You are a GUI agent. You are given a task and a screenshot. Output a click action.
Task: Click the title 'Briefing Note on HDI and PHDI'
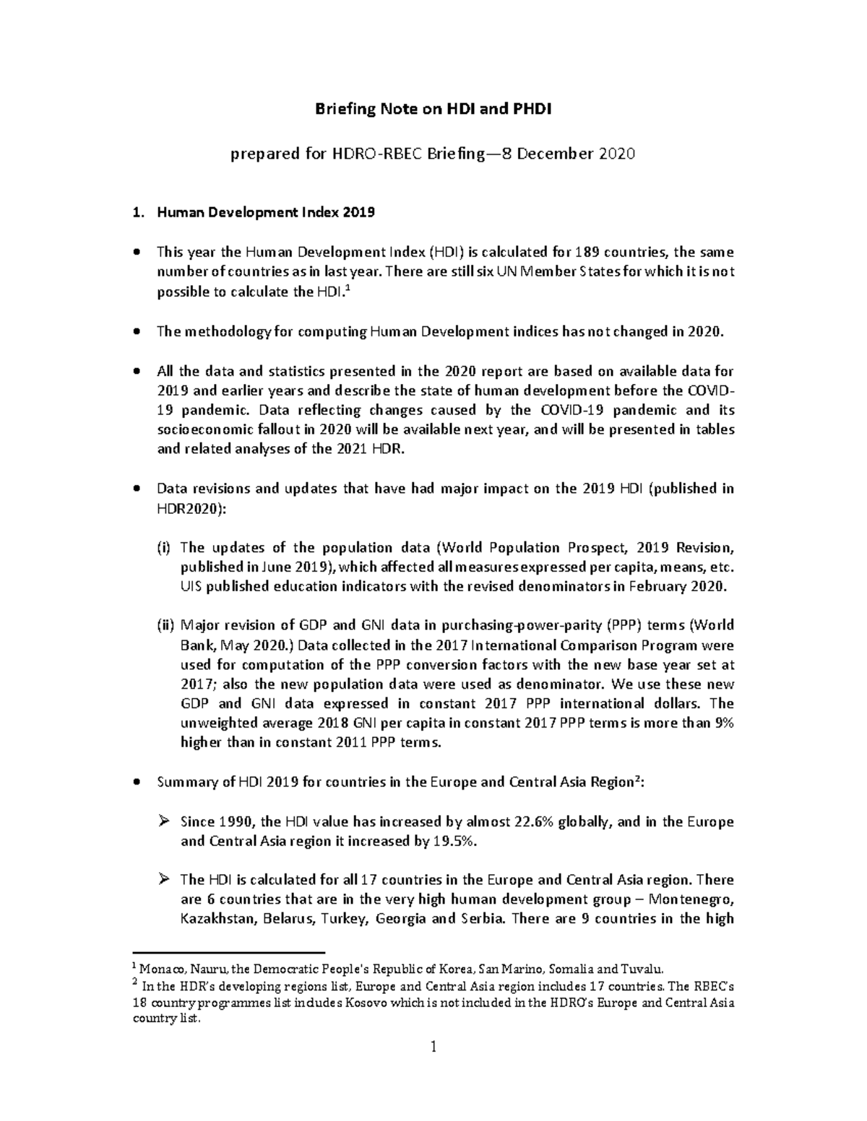tap(433, 109)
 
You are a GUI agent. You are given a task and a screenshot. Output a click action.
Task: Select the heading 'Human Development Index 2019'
tap(266, 213)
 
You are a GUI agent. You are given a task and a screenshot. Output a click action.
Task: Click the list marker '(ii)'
tap(166, 625)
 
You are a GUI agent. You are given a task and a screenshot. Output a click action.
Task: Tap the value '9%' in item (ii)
tap(723, 723)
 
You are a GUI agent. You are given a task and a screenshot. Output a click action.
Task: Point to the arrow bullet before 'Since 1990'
tap(163, 821)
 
